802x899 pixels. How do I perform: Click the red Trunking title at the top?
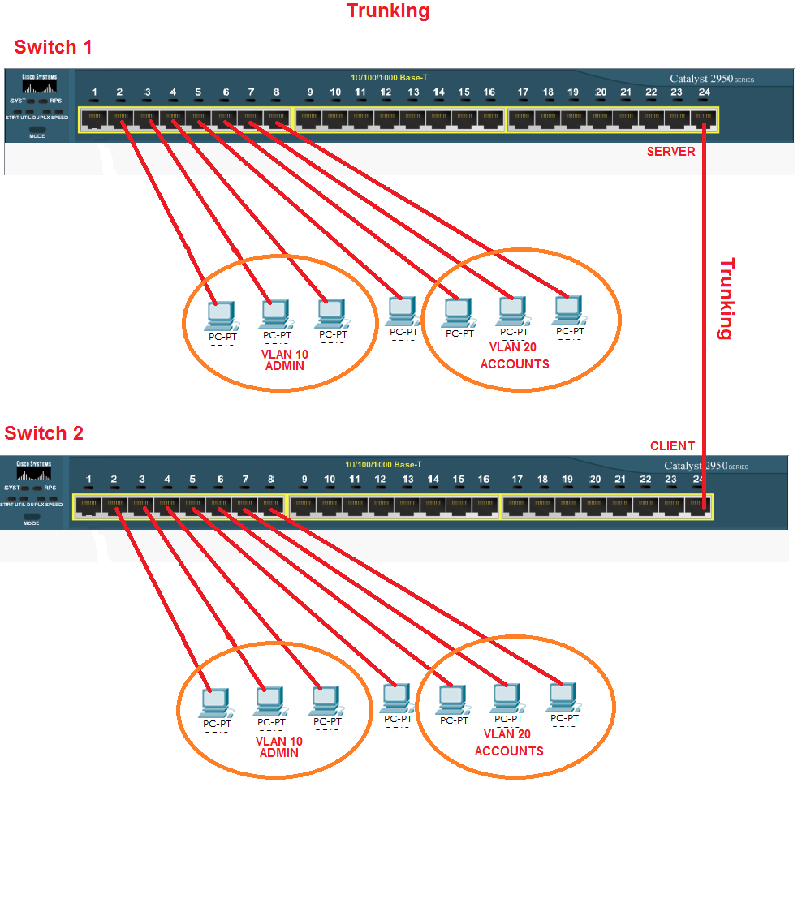click(x=388, y=11)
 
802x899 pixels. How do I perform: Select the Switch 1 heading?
click(x=53, y=48)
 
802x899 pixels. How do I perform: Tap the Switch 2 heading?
click(x=44, y=433)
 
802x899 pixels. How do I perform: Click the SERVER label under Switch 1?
click(x=670, y=152)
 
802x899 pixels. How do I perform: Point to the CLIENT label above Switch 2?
click(x=672, y=446)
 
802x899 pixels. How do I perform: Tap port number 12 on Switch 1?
click(x=386, y=92)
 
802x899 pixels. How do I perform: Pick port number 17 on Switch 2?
click(x=517, y=480)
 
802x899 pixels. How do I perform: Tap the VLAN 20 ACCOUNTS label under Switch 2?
click(x=509, y=743)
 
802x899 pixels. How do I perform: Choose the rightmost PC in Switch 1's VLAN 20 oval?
click(x=569, y=308)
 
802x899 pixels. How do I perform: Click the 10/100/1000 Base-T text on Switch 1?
click(x=388, y=78)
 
